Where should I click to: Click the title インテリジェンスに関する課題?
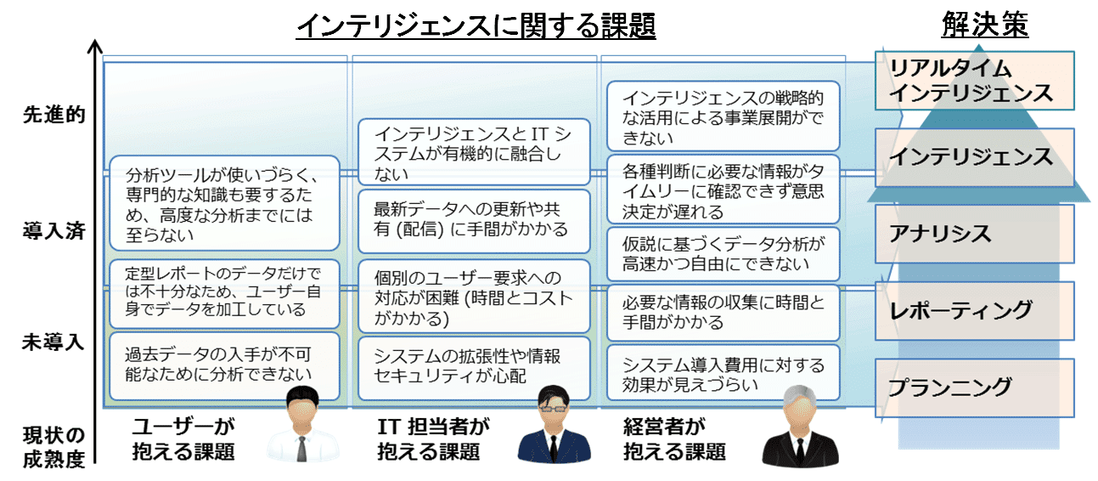(x=476, y=26)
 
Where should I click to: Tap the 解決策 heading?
(x=984, y=25)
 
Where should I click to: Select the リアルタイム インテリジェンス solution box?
(x=974, y=81)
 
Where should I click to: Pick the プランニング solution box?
(x=974, y=387)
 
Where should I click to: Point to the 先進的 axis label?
(x=53, y=116)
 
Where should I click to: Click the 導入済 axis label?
(x=53, y=231)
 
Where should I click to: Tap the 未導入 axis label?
(x=53, y=343)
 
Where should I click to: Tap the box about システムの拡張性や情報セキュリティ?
(x=473, y=368)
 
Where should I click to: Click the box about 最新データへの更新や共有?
(x=473, y=221)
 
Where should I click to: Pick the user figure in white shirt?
(x=302, y=429)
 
